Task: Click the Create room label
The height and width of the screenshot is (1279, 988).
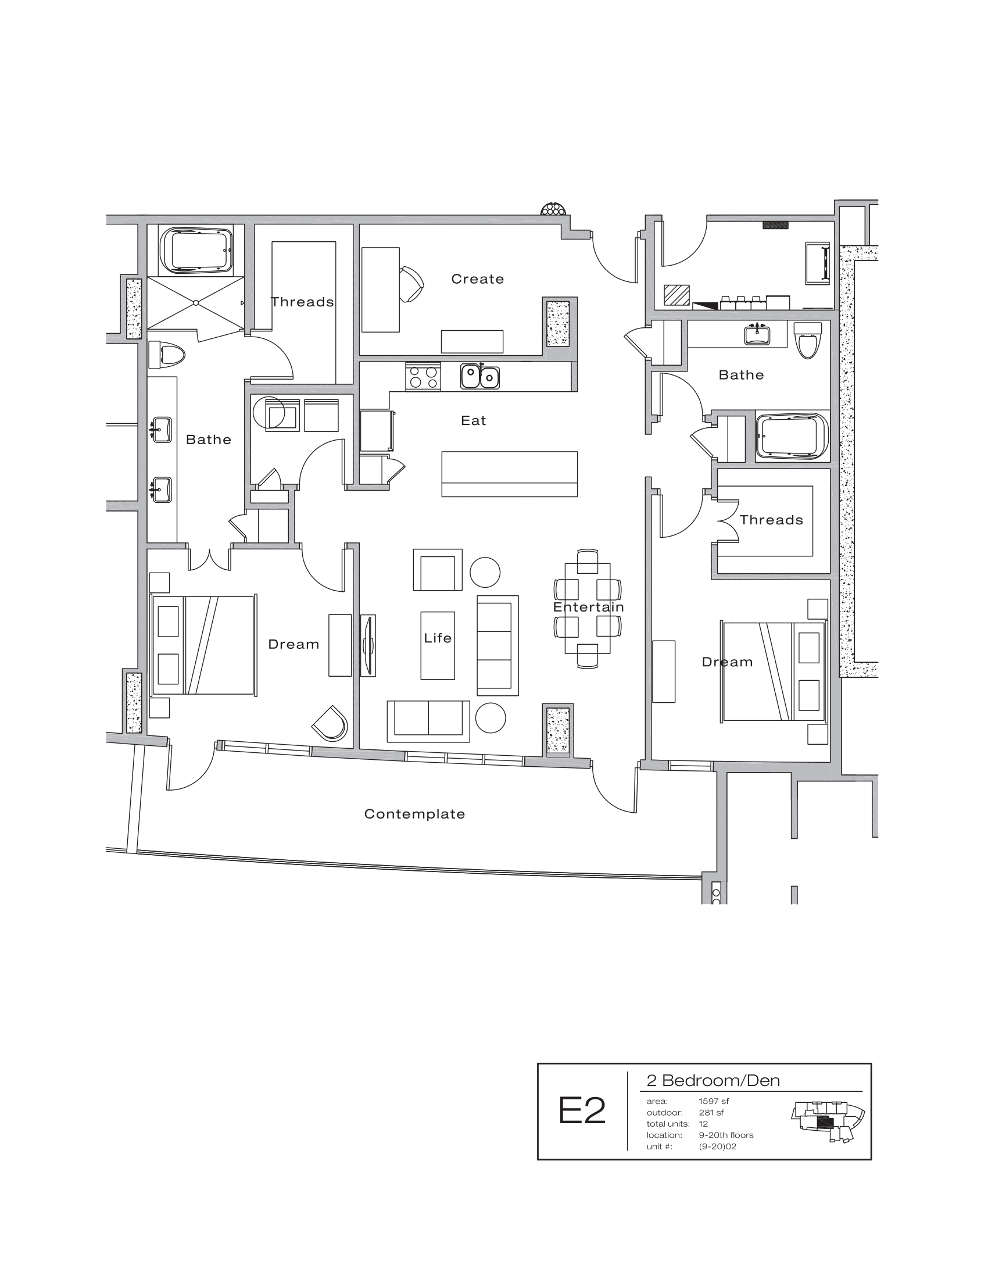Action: tap(477, 279)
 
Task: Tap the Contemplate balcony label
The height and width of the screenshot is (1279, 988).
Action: tap(414, 814)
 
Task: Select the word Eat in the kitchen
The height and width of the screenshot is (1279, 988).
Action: tap(474, 420)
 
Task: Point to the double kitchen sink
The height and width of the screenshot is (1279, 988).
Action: tap(479, 377)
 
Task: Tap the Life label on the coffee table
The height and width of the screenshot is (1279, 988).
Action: tap(438, 638)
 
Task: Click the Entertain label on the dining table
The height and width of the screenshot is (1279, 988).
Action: tap(588, 608)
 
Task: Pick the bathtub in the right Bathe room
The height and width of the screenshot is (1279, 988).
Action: tap(793, 437)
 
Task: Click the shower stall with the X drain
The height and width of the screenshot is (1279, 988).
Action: tap(195, 303)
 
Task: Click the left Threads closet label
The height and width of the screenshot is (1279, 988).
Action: tap(302, 302)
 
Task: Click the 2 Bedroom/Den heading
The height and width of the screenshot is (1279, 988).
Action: tap(713, 1081)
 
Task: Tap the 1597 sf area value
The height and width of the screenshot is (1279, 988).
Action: tap(714, 1101)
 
